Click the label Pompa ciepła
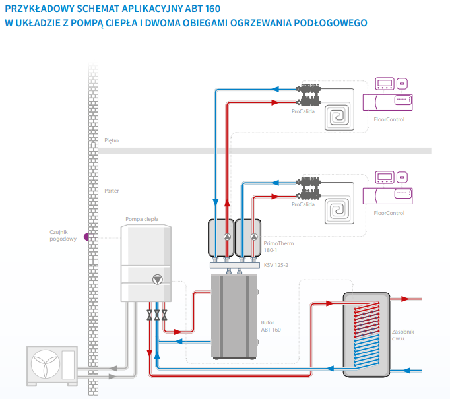point(142,219)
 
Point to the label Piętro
point(112,141)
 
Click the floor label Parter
point(112,191)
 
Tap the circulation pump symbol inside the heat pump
point(157,278)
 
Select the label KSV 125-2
point(275,265)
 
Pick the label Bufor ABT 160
point(271,326)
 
